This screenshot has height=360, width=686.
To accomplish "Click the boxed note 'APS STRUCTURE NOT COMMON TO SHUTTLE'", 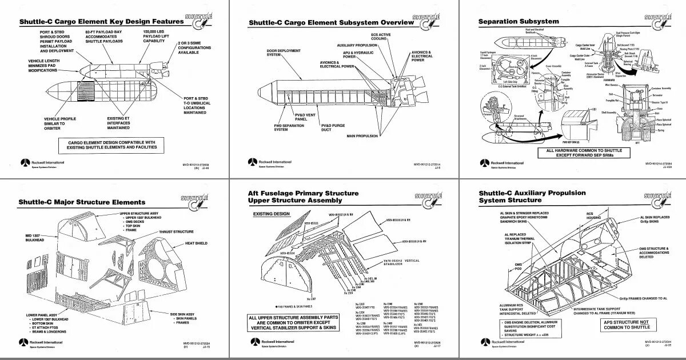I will click(627, 325).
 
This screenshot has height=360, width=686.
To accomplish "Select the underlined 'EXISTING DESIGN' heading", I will click(272, 214).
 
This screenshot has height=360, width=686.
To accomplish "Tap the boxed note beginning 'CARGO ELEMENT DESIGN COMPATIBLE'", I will click(112, 145).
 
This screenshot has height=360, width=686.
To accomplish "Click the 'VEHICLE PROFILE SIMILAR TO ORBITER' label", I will click(60, 123).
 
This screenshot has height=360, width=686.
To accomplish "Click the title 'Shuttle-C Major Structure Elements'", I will click(82, 202).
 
